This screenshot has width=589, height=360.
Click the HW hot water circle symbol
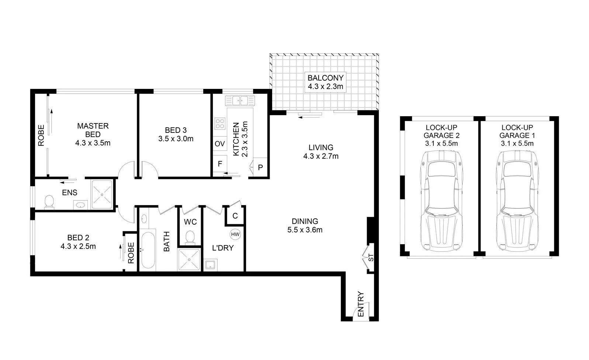(235, 234)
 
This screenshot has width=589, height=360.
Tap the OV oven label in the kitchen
(220, 143)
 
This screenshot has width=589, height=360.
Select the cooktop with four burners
(220, 124)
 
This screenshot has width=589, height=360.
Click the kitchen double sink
(240, 100)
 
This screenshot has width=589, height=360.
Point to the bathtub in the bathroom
(148, 250)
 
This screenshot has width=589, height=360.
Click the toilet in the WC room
(190, 238)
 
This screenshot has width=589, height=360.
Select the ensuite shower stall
(102, 194)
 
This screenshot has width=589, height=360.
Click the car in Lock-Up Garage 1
(517, 201)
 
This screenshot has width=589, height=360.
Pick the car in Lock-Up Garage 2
(441, 201)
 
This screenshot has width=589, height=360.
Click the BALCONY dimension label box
(326, 82)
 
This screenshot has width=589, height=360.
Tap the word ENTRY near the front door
(361, 304)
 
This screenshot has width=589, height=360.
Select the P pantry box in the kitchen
(260, 167)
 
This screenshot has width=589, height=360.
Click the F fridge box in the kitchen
(220, 164)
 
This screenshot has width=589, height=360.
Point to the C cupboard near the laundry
(235, 216)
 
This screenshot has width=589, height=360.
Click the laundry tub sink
(210, 265)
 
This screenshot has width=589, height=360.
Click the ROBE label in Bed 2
(131, 253)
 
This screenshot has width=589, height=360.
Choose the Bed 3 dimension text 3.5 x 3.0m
(176, 139)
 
